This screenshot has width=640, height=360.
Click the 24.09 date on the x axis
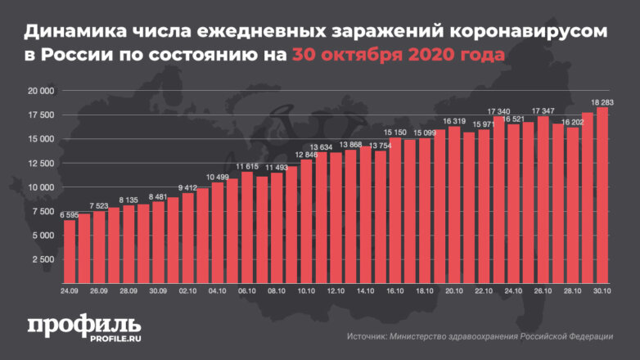(x=70, y=290)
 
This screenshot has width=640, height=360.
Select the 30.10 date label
(x=602, y=290)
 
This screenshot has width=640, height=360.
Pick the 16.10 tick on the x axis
(x=395, y=290)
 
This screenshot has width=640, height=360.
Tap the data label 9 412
(x=188, y=187)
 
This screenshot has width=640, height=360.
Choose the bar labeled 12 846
(x=306, y=220)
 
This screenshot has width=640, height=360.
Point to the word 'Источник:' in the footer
(x=368, y=335)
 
